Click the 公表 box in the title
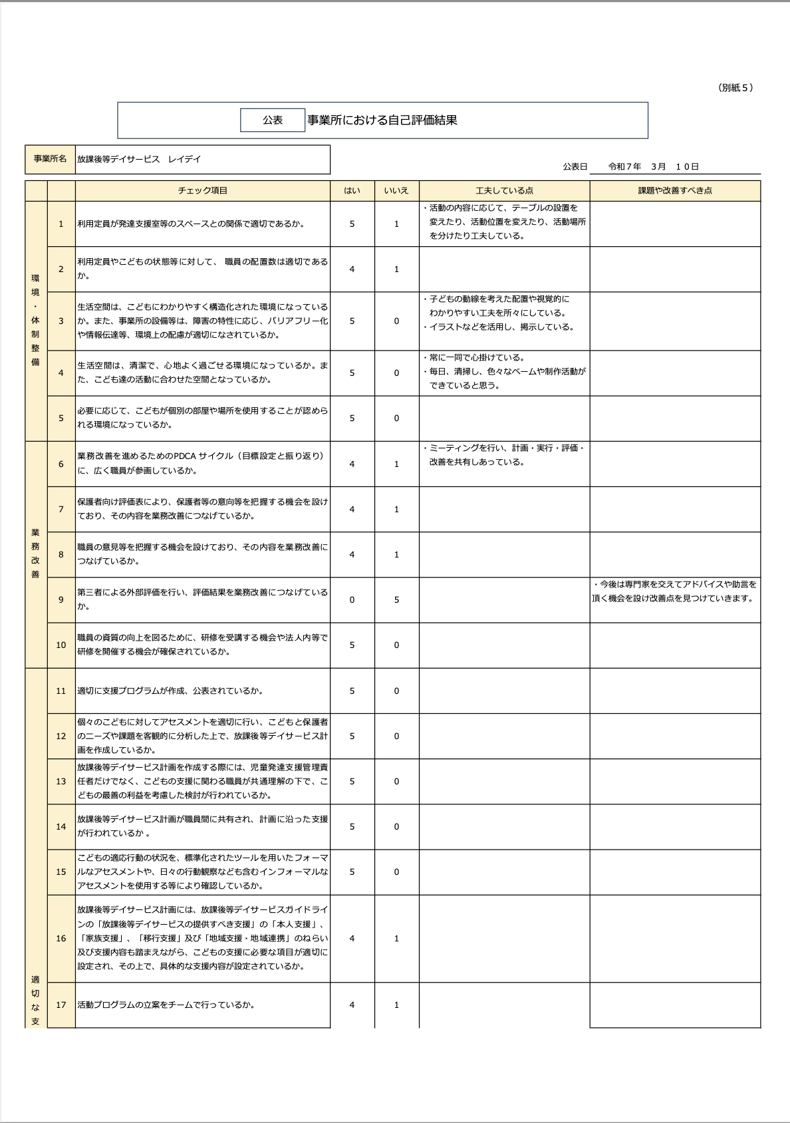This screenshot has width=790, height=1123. coord(273,120)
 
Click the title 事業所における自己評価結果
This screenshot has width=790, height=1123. coord(382,120)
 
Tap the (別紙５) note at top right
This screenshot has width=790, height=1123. coord(735,88)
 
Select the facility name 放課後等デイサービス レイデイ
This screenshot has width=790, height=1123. coord(139,160)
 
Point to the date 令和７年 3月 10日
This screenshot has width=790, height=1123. coord(653,167)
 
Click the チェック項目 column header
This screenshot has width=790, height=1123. coord(203,191)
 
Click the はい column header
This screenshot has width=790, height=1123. coord(352,191)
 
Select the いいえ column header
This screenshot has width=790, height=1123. coord(396,191)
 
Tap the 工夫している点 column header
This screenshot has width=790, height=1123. coord(504,191)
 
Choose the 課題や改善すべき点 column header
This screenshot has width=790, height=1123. coord(675,191)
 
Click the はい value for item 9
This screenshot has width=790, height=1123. coord(352,600)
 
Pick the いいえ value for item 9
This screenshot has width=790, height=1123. coord(396,600)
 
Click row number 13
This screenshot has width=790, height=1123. coord(61,782)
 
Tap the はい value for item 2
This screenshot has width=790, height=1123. coord(352,269)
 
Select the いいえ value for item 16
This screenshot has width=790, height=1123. coord(396,939)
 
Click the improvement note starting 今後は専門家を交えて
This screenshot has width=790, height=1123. coord(674,591)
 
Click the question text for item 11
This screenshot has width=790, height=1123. coord(170,691)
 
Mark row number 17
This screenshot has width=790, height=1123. coord(61,1005)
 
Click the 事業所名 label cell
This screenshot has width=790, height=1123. coord(51,160)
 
